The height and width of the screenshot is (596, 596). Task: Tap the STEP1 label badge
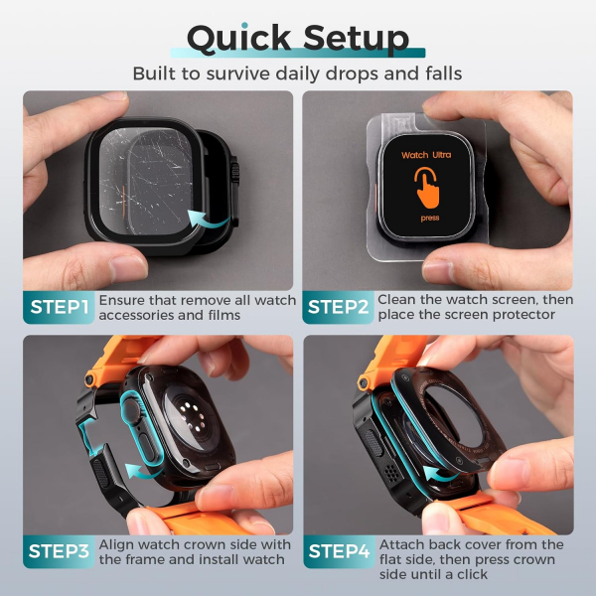[59, 307]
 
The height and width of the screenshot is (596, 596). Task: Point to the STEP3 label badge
[59, 551]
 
